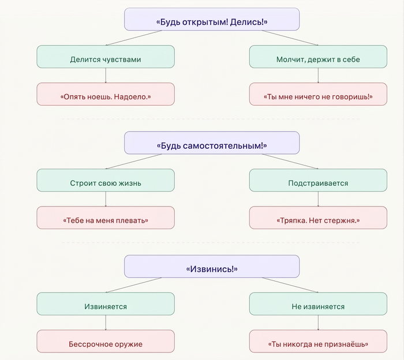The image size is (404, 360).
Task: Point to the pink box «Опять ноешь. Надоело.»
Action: tap(106, 94)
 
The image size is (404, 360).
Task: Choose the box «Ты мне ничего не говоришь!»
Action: tap(318, 94)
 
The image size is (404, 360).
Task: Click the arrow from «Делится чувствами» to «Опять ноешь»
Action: tap(106, 76)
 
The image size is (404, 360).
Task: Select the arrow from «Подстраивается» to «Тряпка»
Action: tap(318, 199)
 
